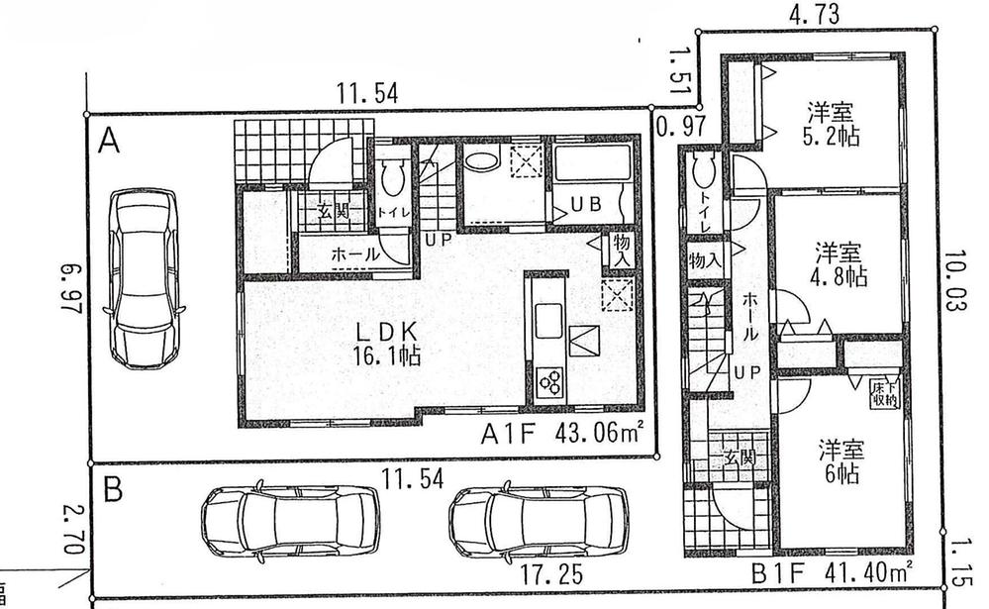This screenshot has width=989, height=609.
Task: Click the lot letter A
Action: (110, 144)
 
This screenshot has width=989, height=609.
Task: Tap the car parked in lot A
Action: (148, 277)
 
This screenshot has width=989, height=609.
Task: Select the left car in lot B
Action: (289, 518)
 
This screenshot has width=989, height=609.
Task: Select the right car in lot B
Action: (538, 518)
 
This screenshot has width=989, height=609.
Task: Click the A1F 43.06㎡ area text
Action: (563, 434)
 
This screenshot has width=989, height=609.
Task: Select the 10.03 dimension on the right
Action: (954, 281)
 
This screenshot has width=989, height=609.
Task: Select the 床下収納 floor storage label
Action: (884, 393)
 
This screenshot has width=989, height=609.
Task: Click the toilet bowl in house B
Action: (704, 171)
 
